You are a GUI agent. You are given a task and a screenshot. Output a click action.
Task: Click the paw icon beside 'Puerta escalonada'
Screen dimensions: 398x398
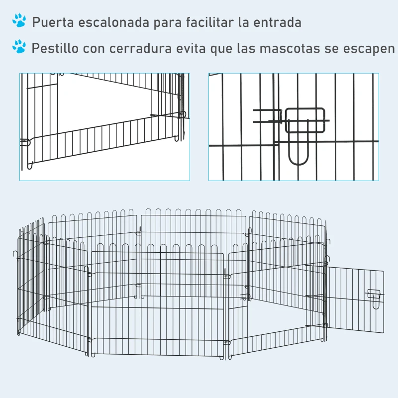(x=19, y=21)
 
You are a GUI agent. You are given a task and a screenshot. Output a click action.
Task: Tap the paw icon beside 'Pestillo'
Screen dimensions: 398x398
(x=19, y=47)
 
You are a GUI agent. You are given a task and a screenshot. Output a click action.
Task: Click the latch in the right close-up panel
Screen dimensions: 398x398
(x=304, y=122)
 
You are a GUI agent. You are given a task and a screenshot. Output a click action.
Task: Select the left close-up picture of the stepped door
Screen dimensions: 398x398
(x=104, y=127)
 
